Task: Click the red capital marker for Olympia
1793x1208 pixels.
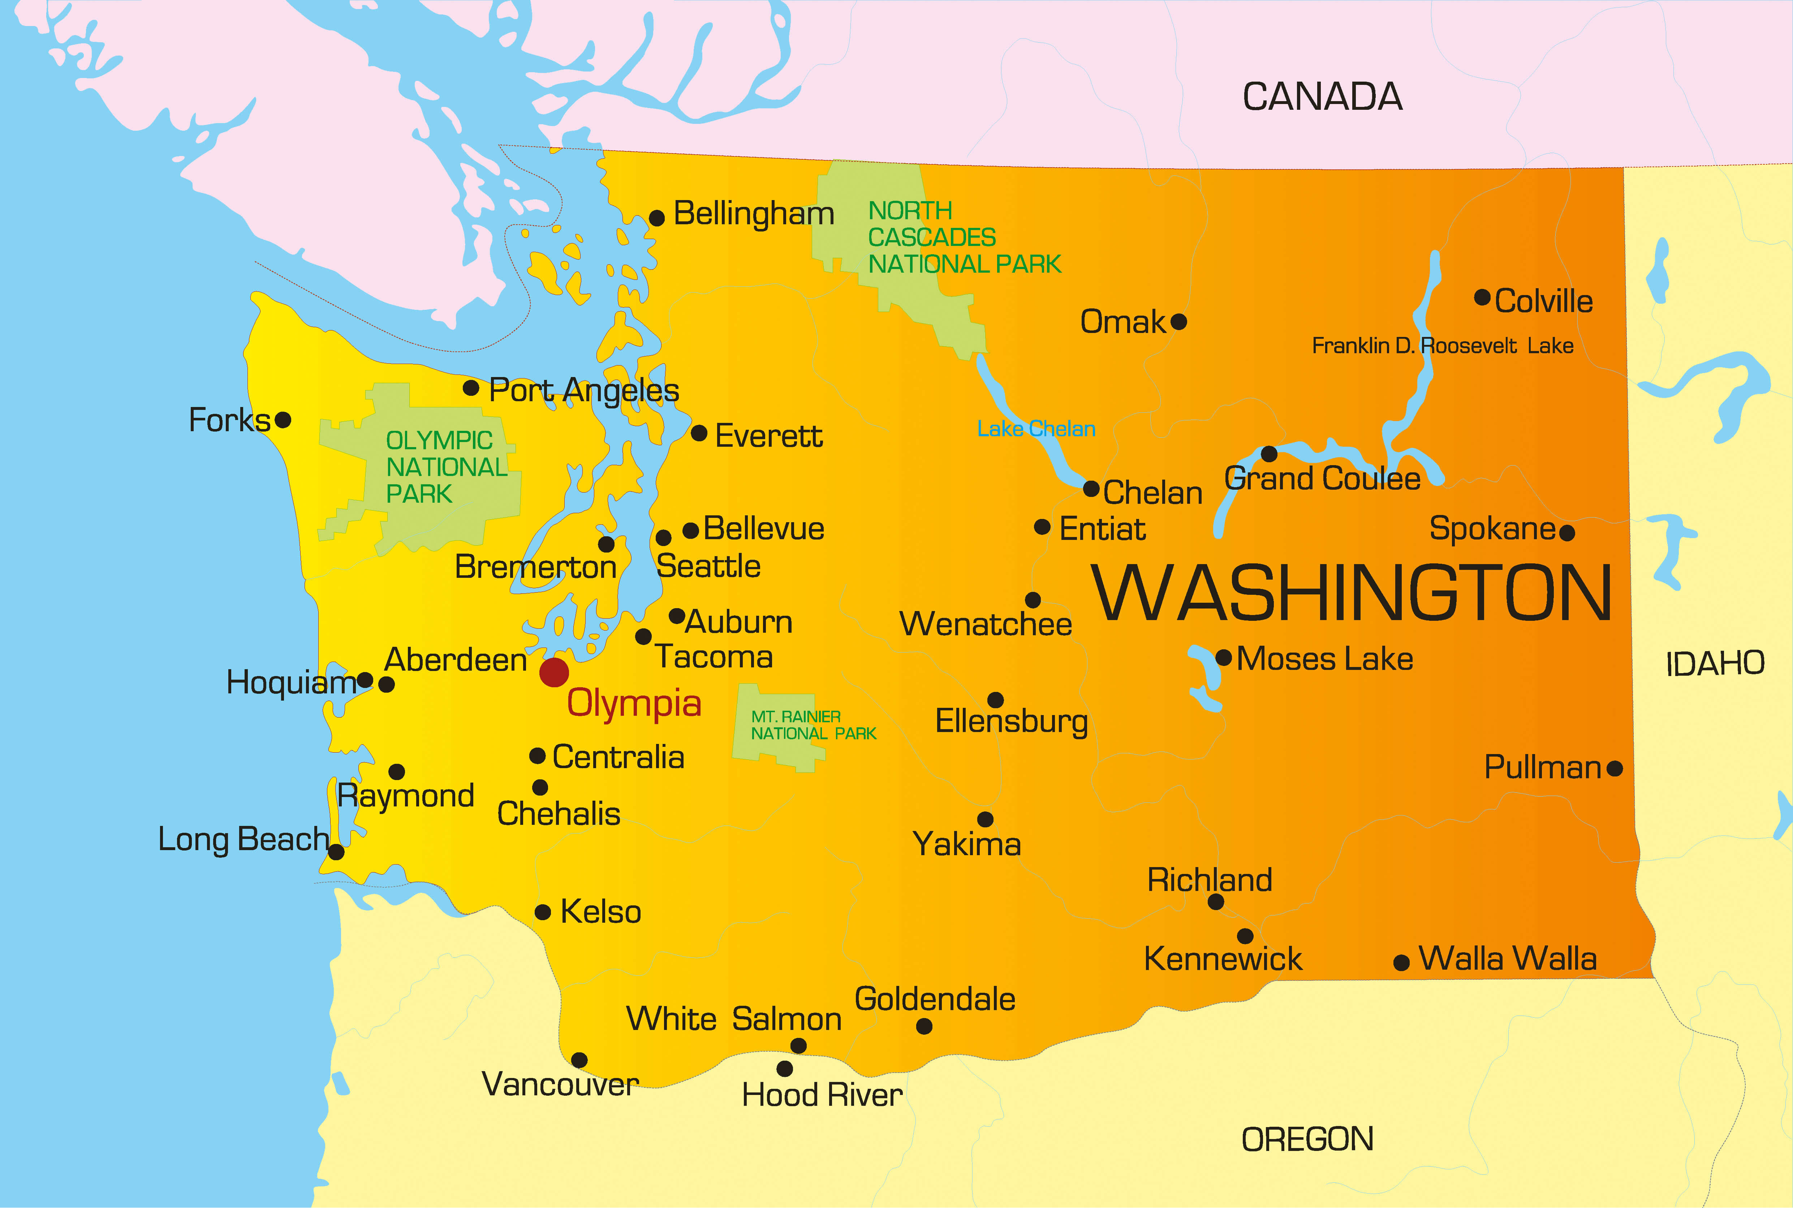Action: point(554,672)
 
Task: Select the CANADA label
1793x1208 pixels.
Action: point(1322,97)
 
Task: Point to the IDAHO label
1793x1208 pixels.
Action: point(1715,663)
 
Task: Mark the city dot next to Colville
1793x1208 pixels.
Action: point(1482,297)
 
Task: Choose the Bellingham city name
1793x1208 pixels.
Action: point(754,214)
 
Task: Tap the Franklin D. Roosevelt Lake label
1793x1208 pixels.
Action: point(1443,346)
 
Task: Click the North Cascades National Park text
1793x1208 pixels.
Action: point(964,237)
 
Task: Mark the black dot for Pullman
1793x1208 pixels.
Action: point(1615,768)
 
